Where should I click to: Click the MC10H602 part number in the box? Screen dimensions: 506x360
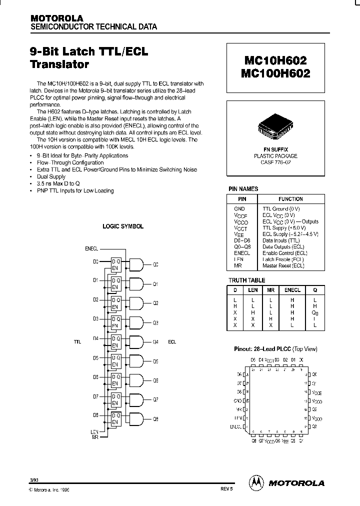(x=276, y=60)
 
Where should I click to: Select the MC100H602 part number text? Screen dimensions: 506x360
(x=276, y=73)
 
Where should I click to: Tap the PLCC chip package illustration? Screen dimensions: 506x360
(x=276, y=128)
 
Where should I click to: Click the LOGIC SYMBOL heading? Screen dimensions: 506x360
(x=123, y=226)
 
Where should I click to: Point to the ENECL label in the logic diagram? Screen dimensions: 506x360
(x=91, y=248)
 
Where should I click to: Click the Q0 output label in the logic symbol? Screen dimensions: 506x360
(x=155, y=264)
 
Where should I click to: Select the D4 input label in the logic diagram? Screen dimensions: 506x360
(x=95, y=338)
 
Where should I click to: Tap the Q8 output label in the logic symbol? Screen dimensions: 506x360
(x=155, y=418)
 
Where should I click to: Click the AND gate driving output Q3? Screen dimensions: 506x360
(x=136, y=322)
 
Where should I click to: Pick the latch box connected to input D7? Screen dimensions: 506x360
(x=115, y=399)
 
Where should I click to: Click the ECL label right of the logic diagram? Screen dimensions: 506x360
(x=172, y=342)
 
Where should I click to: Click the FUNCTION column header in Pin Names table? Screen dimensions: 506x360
(x=290, y=199)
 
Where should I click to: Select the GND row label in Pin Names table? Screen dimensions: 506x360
(x=239, y=208)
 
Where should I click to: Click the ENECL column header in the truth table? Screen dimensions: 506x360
(x=292, y=290)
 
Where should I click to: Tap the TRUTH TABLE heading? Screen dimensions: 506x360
(x=246, y=280)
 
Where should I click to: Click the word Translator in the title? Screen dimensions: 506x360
(x=59, y=64)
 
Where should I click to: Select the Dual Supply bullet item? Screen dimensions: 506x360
(x=51, y=176)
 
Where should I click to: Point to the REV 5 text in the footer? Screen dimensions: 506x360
(x=226, y=490)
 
